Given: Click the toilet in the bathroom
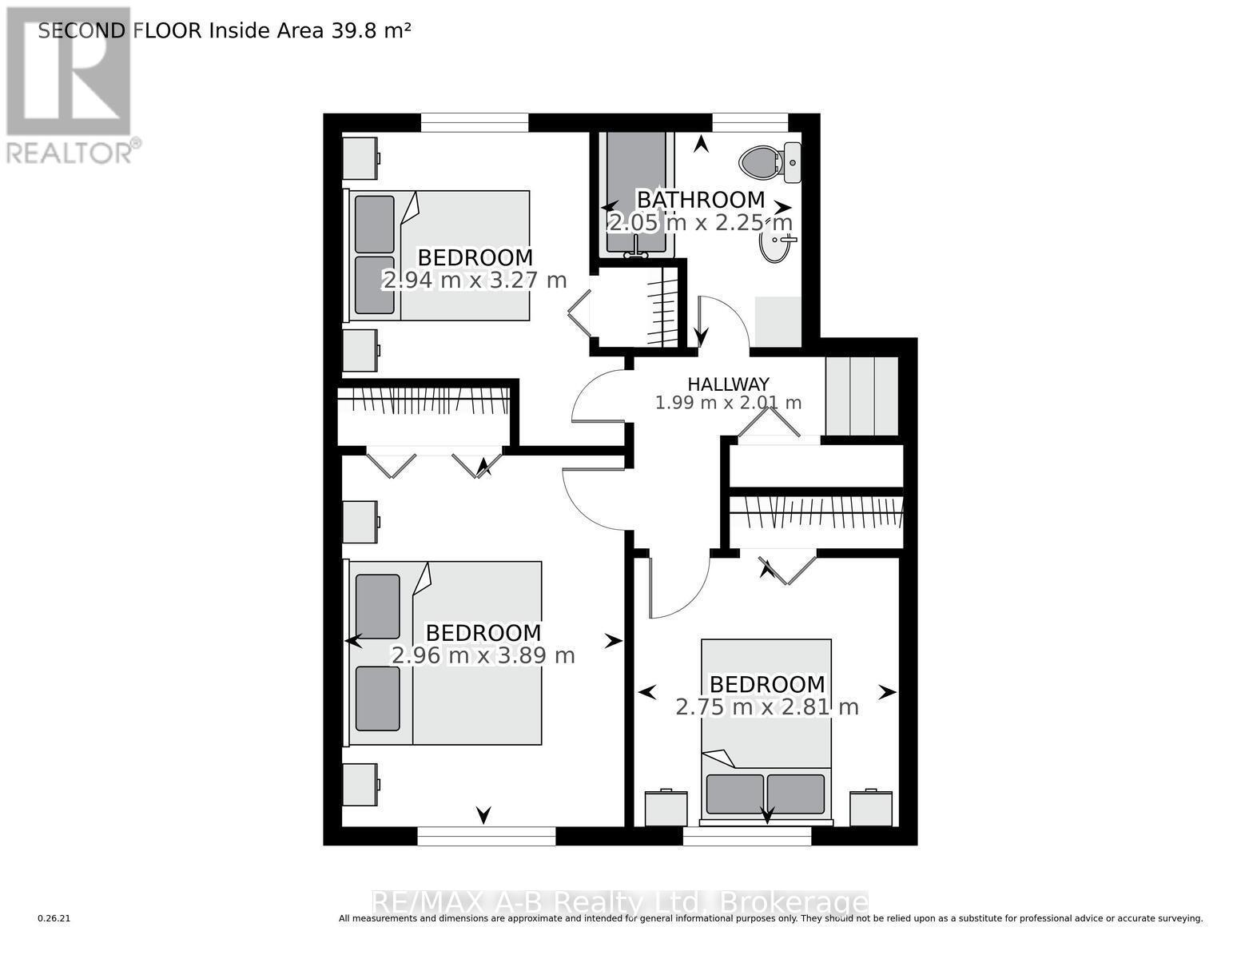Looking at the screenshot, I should click(761, 162).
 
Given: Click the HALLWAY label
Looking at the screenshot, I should click(728, 384).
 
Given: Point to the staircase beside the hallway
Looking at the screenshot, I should click(861, 395).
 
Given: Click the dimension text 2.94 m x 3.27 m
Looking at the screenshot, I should click(475, 281).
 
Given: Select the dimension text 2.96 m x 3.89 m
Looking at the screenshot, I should click(483, 656).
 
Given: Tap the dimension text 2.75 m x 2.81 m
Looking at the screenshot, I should click(767, 707).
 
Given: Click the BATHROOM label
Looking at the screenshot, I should click(700, 200).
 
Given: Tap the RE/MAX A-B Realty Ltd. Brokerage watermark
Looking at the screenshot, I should click(620, 903).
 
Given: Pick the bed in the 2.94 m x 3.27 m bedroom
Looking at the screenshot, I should click(439, 256).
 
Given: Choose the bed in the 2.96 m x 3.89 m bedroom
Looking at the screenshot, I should click(445, 652).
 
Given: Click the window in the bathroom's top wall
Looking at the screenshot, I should click(750, 122).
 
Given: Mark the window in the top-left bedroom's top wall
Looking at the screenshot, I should click(475, 122).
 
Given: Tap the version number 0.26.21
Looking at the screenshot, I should click(54, 919).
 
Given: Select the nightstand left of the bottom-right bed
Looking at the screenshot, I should click(666, 808).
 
